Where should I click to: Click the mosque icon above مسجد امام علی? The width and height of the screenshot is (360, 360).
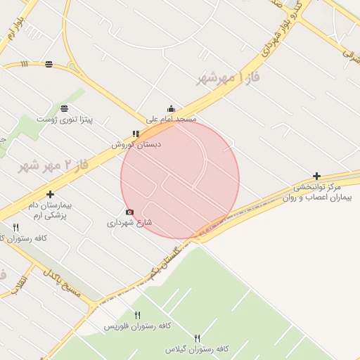point(171,109)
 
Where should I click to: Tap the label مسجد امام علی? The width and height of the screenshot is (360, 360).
point(171,120)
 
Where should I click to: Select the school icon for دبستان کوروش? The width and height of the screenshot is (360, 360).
point(136,134)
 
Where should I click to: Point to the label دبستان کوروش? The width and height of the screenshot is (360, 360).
point(136,144)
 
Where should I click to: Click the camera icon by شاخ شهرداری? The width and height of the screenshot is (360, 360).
point(129,212)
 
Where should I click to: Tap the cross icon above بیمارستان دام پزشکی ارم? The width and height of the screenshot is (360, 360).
point(50,194)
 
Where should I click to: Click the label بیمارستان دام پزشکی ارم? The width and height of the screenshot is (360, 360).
point(51,210)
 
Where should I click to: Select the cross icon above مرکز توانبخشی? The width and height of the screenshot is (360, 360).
point(317,176)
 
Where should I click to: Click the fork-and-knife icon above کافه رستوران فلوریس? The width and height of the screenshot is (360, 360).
point(138,315)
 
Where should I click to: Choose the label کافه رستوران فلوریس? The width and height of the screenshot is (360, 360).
point(139,327)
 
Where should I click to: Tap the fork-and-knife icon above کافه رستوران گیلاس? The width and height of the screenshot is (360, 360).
point(198,337)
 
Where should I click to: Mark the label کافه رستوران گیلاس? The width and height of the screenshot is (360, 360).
point(198,349)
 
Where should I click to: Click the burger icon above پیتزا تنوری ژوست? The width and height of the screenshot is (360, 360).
point(65,108)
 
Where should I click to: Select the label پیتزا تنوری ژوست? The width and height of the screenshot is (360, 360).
point(65,120)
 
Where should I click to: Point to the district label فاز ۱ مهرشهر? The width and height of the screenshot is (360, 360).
point(229,79)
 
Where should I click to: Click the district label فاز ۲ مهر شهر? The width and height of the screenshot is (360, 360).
point(53,167)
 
